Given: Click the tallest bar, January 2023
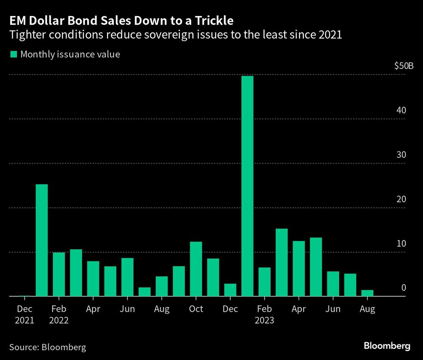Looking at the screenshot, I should tap(247, 186).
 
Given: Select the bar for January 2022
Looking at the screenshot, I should tap(42, 240).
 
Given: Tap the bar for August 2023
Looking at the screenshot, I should tap(367, 293).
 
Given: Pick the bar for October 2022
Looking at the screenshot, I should tap(196, 269).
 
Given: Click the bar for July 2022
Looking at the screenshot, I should tap(145, 292).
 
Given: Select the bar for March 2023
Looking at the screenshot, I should tap(282, 262).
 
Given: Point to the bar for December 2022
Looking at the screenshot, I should tap(230, 290).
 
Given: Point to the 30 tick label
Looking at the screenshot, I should tap(401, 155).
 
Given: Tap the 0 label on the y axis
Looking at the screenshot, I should tap(404, 288).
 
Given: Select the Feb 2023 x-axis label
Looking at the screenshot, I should tap(264, 315).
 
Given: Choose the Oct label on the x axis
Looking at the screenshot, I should tap(196, 309).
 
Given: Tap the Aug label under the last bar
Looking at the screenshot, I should tap(367, 309).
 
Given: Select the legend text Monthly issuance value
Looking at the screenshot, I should tap(70, 54).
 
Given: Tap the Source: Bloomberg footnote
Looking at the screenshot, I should tap(47, 347).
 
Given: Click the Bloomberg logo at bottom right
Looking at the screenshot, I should tap(387, 346).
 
